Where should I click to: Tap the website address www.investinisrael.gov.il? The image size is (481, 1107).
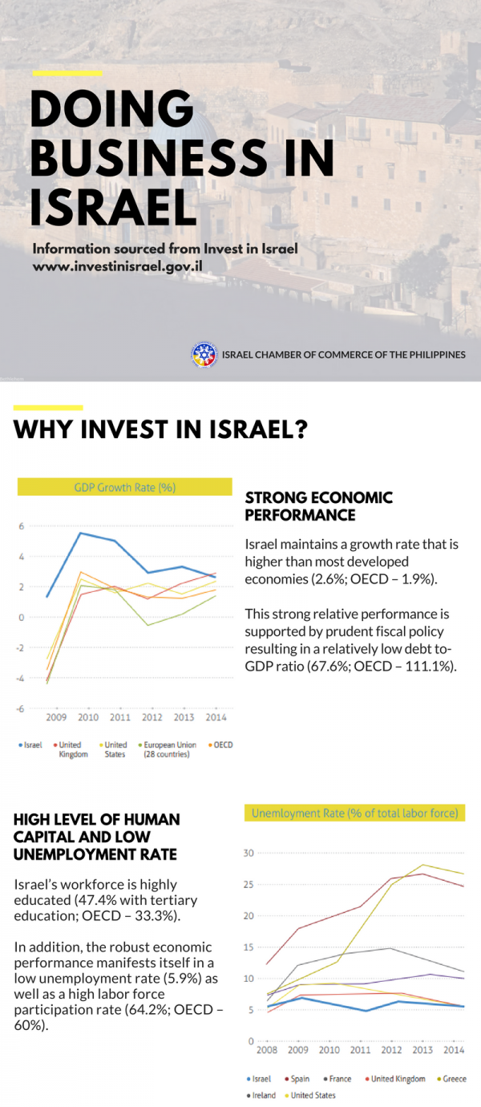[116, 266]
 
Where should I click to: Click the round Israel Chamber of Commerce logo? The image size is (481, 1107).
[204, 355]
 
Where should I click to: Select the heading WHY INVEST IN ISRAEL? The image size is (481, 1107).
[160, 430]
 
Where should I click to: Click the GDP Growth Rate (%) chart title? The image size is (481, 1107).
[124, 487]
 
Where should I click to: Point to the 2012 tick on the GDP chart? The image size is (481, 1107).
[152, 716]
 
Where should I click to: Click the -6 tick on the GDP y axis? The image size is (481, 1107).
[22, 708]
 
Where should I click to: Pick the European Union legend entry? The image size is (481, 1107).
[169, 749]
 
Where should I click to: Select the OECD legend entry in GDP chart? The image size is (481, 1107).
[223, 745]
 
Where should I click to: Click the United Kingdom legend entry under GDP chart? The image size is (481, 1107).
[73, 749]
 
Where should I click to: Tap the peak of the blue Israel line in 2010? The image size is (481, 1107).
[79, 533]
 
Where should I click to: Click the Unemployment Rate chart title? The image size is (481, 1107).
[354, 813]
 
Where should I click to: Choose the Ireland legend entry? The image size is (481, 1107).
[264, 1095]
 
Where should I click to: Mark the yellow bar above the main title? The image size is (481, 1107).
[67, 73]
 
